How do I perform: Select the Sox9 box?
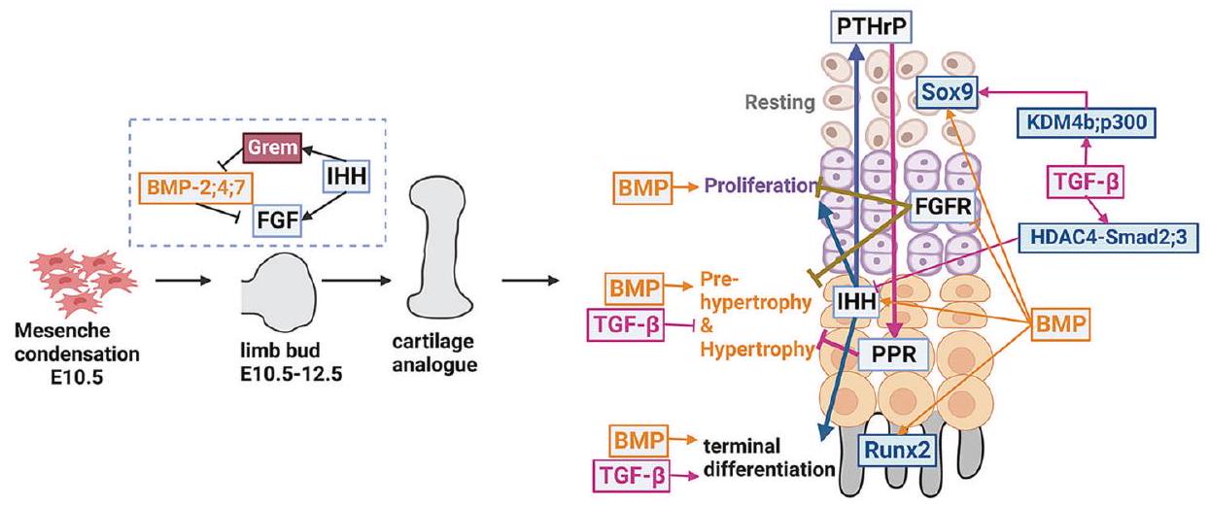tap(948, 94)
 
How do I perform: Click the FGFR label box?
tap(940, 209)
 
